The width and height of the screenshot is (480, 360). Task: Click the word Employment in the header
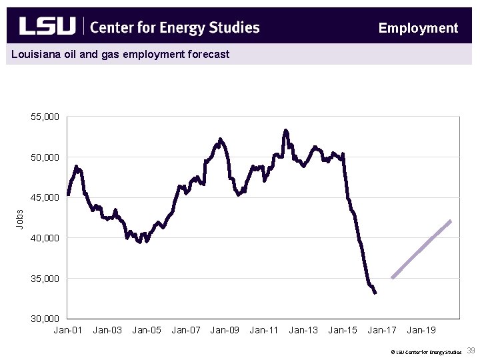pos(418,28)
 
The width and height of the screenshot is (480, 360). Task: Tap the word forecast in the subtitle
pos(207,54)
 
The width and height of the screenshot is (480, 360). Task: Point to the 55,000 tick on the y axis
pos(45,117)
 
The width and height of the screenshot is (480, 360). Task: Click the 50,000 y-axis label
pos(45,157)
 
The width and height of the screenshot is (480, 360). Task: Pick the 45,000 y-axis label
pos(45,197)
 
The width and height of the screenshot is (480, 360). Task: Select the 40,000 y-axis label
pos(45,238)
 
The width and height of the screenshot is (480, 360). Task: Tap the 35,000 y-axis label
pos(45,278)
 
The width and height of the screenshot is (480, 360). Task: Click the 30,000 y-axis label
pos(45,319)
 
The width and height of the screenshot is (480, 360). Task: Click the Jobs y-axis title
pos(20,218)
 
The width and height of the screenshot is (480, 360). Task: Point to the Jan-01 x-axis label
pos(68,330)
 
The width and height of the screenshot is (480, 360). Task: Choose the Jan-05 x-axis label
pos(147,330)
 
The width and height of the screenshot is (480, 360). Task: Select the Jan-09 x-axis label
pos(225,330)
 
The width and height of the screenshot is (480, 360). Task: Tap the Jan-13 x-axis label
pos(303,330)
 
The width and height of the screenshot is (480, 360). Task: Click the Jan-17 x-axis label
pos(382,330)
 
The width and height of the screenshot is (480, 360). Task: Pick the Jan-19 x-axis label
pos(421,330)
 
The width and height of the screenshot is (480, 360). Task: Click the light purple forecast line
pos(421,249)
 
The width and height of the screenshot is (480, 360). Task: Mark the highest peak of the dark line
pos(285,131)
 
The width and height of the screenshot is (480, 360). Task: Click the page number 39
pos(471,351)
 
